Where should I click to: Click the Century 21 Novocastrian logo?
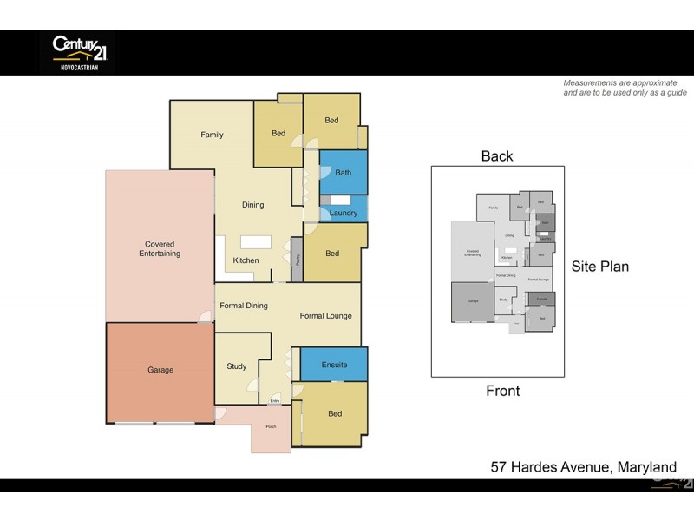(x=79, y=51)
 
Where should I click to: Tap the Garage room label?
(x=160, y=370)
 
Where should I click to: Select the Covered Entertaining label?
(x=160, y=249)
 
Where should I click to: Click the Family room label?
(x=212, y=135)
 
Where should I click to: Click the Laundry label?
(x=344, y=213)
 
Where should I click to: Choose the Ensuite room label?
(x=334, y=365)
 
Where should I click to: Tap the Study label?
(x=237, y=366)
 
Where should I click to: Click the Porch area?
(x=271, y=428)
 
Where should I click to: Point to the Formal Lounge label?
(x=326, y=315)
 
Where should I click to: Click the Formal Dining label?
(x=244, y=306)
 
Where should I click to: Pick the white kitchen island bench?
(x=256, y=243)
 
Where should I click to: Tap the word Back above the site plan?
(x=497, y=156)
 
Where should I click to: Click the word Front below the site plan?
(x=502, y=391)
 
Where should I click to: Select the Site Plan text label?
(x=599, y=267)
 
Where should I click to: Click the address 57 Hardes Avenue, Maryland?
(x=584, y=467)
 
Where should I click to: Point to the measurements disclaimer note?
(x=625, y=88)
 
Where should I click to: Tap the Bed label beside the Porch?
(x=335, y=414)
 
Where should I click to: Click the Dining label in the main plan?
(x=252, y=205)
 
